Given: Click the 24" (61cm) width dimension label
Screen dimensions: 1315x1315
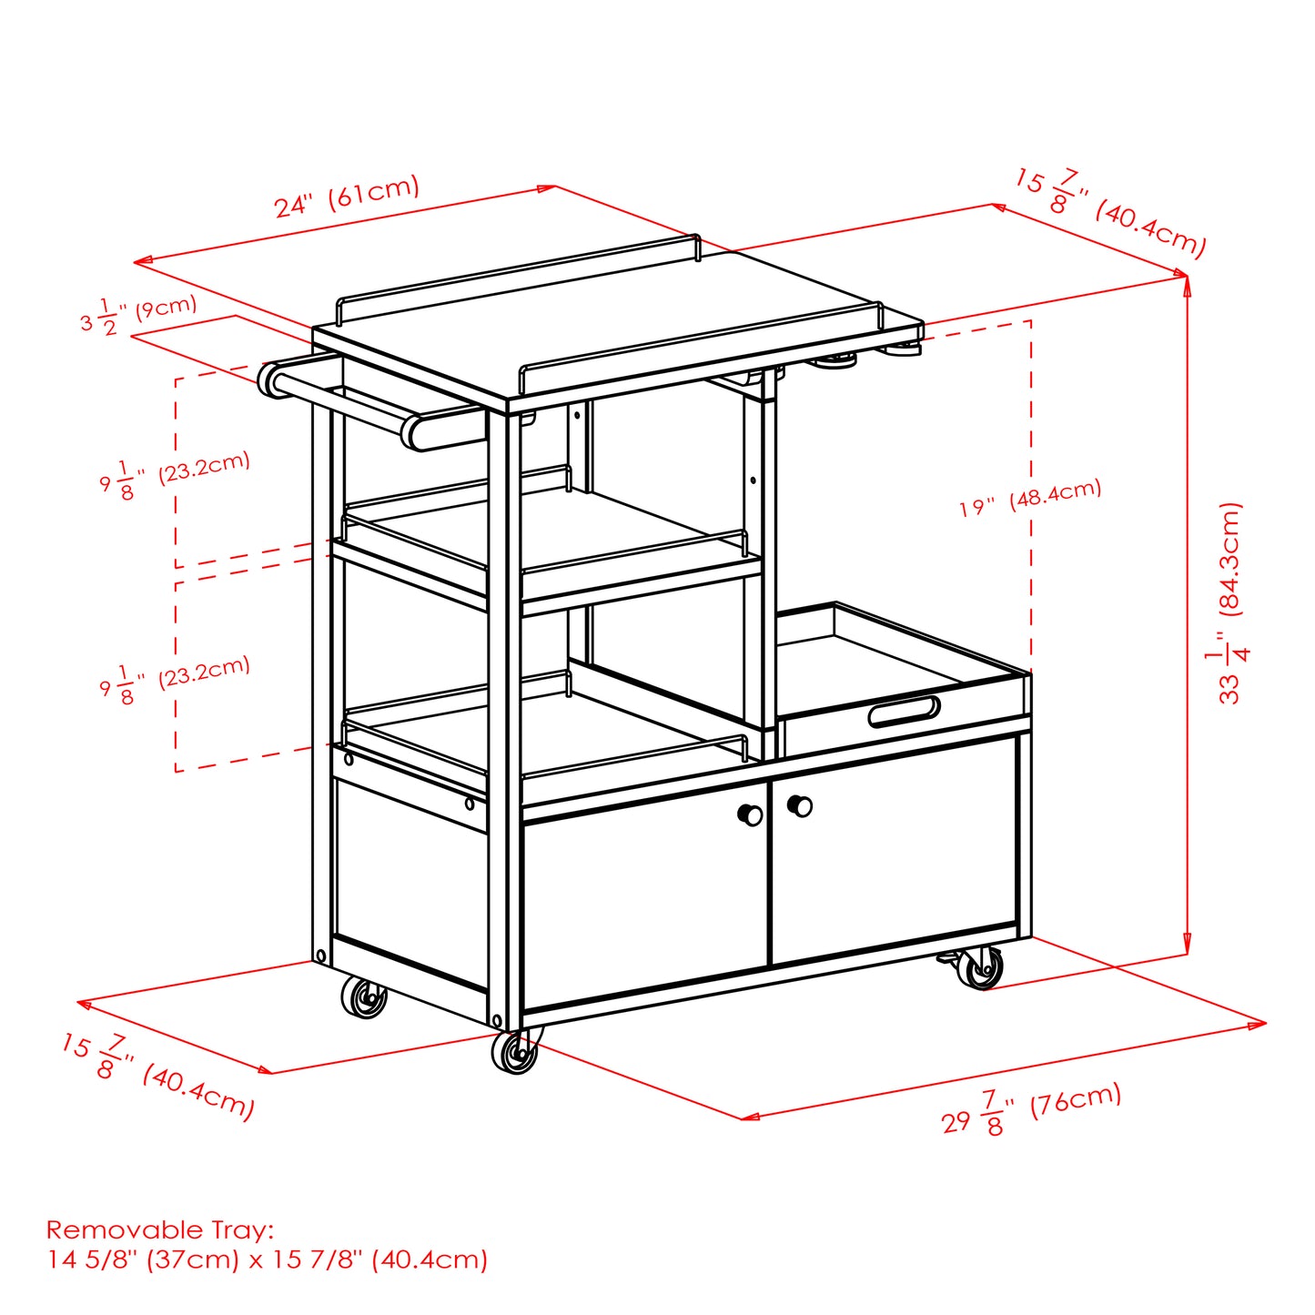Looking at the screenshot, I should pyautogui.click(x=347, y=197).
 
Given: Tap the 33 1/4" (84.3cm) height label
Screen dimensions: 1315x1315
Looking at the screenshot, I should pyautogui.click(x=1229, y=602).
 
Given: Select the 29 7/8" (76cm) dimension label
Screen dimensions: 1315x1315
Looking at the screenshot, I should pyautogui.click(x=1031, y=1108).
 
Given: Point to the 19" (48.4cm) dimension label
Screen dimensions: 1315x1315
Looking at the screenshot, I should pyautogui.click(x=1030, y=498).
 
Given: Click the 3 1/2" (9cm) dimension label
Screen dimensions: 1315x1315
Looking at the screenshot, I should pyautogui.click(x=137, y=314).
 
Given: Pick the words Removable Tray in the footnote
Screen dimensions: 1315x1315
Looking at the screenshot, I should pyautogui.click(x=158, y=1230).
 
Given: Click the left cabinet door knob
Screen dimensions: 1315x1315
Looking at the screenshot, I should pyautogui.click(x=751, y=814).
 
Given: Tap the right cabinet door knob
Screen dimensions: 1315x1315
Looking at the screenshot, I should pyautogui.click(x=800, y=805).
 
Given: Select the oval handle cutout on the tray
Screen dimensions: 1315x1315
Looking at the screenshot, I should pyautogui.click(x=903, y=711).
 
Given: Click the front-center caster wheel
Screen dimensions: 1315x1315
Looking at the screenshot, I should pyautogui.click(x=515, y=1052).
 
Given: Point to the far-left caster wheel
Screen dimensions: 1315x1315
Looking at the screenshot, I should pyautogui.click(x=364, y=997).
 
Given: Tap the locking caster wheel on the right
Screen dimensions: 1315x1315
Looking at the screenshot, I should pyautogui.click(x=981, y=968).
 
